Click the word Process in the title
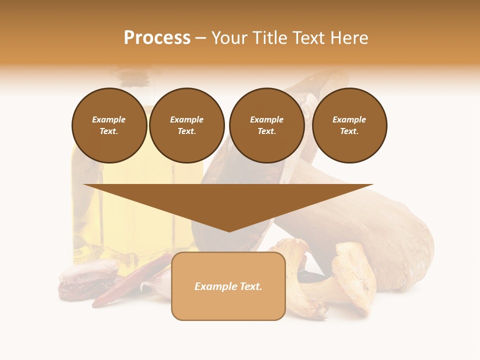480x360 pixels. point(157,38)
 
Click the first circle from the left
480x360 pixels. point(109,125)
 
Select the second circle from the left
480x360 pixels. point(187,125)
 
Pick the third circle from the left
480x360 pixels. point(266,125)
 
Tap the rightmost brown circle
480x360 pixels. point(349,125)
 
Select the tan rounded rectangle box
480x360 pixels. point(228,305)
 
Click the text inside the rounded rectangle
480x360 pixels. point(228,286)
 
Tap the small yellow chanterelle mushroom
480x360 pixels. point(350,280)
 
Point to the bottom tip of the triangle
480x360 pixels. point(229,230)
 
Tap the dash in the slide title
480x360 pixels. point(200,38)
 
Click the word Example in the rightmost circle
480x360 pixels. point(349,119)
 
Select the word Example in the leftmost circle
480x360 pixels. point(109,119)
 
